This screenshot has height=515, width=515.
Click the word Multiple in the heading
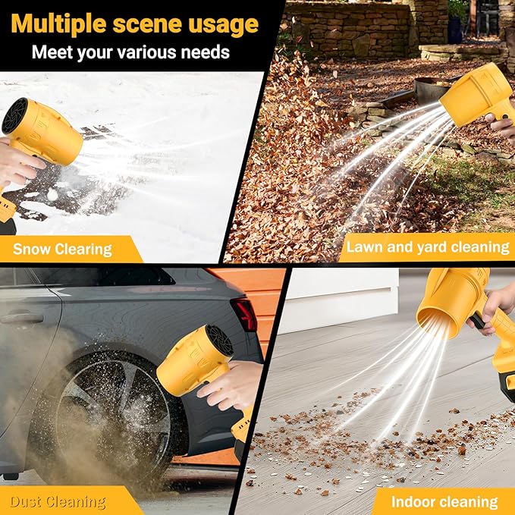coord(58,24)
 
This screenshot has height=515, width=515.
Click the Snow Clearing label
coord(62,248)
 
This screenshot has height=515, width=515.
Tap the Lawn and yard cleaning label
coord(427,247)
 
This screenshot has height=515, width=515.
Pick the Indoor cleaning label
coord(444,501)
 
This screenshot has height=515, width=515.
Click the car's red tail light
coord(243,312)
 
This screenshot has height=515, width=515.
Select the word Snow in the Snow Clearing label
coord(32,248)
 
